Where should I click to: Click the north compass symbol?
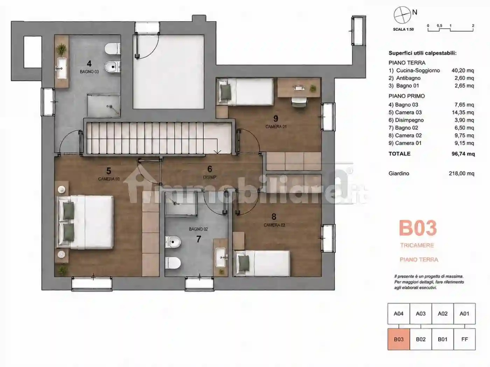402,15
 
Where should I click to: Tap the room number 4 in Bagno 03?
89,64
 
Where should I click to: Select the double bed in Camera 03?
85,222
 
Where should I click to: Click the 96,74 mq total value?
463,154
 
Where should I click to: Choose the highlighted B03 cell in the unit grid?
399,339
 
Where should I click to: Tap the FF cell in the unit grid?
464,339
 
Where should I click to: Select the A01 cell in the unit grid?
464,314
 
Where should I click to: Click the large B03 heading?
418,228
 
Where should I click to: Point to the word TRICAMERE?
417,245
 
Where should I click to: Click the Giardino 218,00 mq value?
461,173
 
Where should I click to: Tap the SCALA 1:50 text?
404,29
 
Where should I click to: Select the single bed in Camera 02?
261,264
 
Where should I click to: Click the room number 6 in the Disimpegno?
210,169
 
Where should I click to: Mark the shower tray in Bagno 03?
104,106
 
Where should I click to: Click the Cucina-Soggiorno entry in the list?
418,70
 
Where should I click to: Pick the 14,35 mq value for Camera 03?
463,112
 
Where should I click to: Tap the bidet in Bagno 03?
112,66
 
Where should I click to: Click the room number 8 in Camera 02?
274,217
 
